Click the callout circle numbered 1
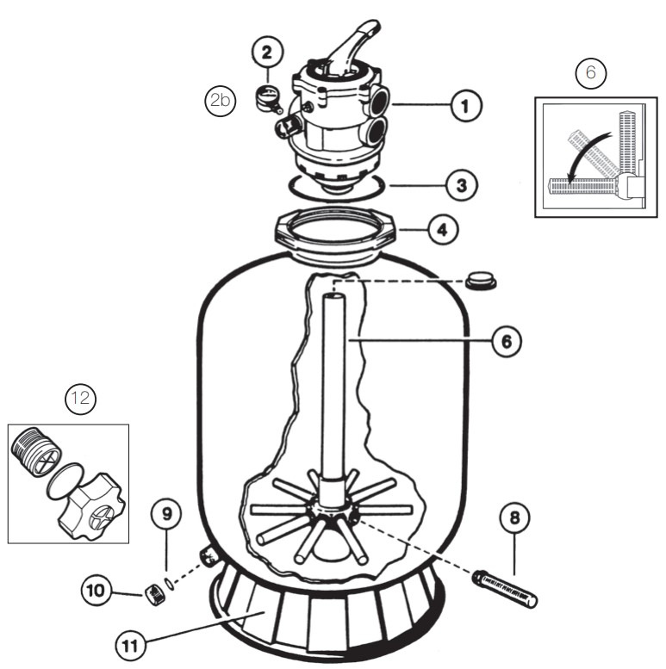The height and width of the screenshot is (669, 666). tap(466, 106)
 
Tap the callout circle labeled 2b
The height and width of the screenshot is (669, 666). tap(221, 101)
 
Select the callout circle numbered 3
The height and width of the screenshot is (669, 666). tap(462, 186)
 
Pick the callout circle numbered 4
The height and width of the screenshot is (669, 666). tap(443, 231)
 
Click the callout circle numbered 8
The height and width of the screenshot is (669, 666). tap(515, 518)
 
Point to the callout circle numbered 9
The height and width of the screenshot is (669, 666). tap(166, 514)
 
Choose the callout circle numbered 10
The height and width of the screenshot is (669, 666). tap(96, 591)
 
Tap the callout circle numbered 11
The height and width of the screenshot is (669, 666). tap(130, 646)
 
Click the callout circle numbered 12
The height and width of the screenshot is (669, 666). tap(81, 400)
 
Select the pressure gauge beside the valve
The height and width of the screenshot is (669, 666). tap(268, 98)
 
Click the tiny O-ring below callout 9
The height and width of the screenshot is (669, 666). tap(169, 583)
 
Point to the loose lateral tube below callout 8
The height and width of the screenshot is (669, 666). tap(504, 589)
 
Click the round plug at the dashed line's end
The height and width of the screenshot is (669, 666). tap(481, 280)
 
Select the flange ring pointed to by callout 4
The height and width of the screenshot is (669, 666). tap(335, 232)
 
